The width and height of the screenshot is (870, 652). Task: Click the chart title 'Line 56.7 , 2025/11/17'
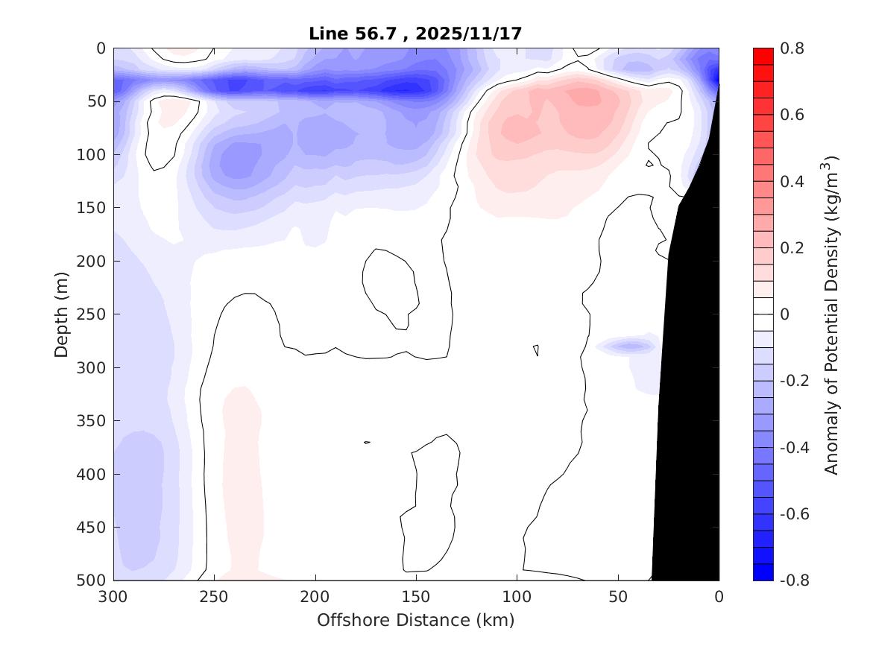coord(415,34)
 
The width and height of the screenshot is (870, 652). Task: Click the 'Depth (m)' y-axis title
coord(63,314)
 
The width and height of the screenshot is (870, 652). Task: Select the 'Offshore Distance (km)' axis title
coord(415,619)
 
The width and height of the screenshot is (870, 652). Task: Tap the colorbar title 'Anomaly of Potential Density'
coord(832,314)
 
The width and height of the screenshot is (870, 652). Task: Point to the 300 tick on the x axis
coord(114,597)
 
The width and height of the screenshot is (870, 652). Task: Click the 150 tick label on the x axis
coord(416,597)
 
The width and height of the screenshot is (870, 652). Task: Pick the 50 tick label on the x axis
coord(618,597)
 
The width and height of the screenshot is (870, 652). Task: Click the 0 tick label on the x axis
coord(719,597)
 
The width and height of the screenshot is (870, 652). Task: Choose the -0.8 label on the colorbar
coord(792,580)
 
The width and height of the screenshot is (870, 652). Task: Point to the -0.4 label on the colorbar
coord(792,447)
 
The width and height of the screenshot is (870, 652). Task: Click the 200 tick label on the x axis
coord(315,597)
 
